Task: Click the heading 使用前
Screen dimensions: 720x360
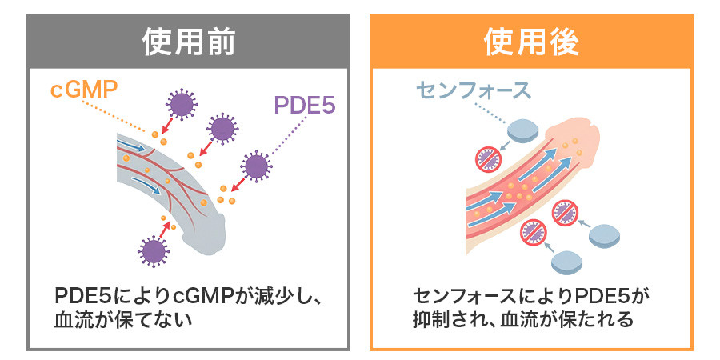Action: click(x=188, y=42)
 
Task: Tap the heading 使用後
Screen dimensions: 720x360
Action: click(x=531, y=42)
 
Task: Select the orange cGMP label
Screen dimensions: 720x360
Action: click(x=83, y=90)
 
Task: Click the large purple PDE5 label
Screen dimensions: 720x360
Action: click(x=305, y=105)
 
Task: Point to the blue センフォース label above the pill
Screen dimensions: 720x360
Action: click(x=473, y=90)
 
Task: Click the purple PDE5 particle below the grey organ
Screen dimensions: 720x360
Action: click(x=154, y=251)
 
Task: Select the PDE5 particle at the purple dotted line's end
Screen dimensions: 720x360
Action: click(x=256, y=166)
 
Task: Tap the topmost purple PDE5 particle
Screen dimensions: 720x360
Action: click(x=182, y=105)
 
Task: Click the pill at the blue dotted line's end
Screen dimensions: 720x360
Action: click(x=522, y=130)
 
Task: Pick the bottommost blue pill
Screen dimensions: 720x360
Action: click(x=566, y=262)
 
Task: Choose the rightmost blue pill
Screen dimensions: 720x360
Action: click(x=605, y=236)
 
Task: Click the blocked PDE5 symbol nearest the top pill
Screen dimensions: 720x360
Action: click(x=488, y=158)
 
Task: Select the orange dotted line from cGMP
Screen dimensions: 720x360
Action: click(x=117, y=116)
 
